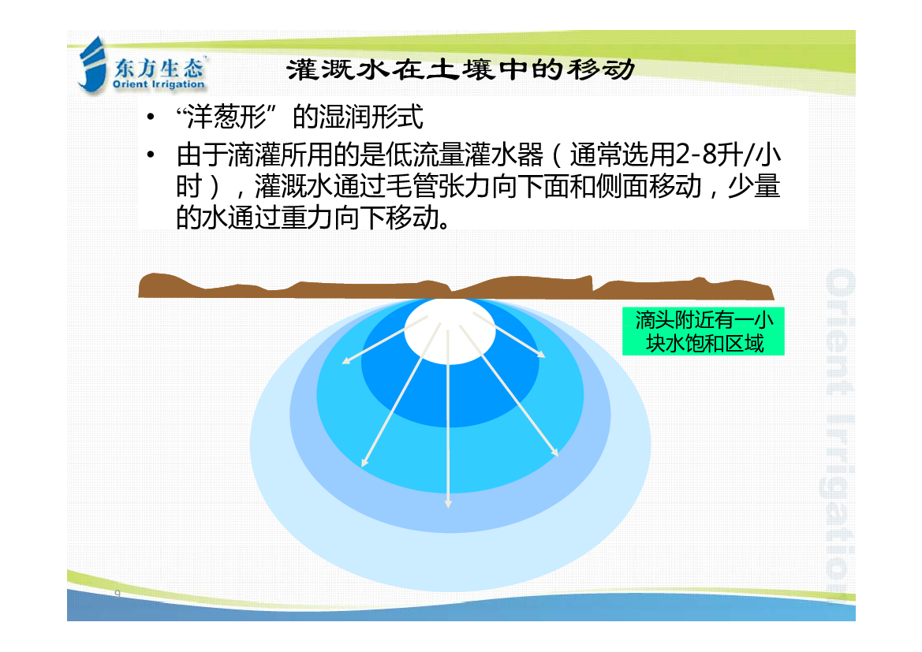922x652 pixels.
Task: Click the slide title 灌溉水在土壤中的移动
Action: tap(461, 69)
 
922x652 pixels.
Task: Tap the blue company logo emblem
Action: tap(92, 65)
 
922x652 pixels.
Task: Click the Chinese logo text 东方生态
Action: tap(159, 69)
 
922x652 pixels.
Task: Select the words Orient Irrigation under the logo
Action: tap(159, 84)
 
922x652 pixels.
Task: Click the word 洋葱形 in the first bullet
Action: tap(227, 117)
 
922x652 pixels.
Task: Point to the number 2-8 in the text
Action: tap(696, 155)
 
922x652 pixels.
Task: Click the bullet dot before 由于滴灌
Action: tap(151, 155)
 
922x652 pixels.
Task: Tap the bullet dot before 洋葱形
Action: tap(151, 117)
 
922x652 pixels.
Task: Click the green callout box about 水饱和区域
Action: tap(704, 331)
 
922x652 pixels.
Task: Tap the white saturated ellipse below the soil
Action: tap(450, 331)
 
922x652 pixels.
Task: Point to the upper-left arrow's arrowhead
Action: tap(346, 360)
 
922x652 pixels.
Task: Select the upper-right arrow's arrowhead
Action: tap(541, 354)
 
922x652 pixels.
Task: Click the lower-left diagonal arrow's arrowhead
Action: tap(364, 464)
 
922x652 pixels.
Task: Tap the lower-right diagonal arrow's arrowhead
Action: tap(554, 452)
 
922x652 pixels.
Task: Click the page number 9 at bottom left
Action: tap(118, 593)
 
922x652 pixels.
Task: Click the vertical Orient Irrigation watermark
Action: tap(839, 432)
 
